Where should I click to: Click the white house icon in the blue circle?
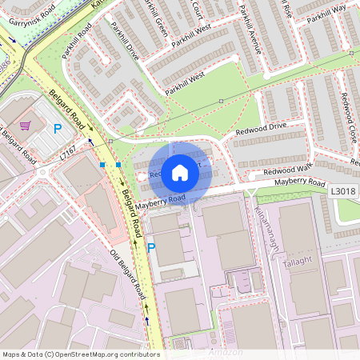(x=180, y=173)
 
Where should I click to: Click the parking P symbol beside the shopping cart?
(x=57, y=128)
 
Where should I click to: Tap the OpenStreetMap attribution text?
(x=80, y=354)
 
